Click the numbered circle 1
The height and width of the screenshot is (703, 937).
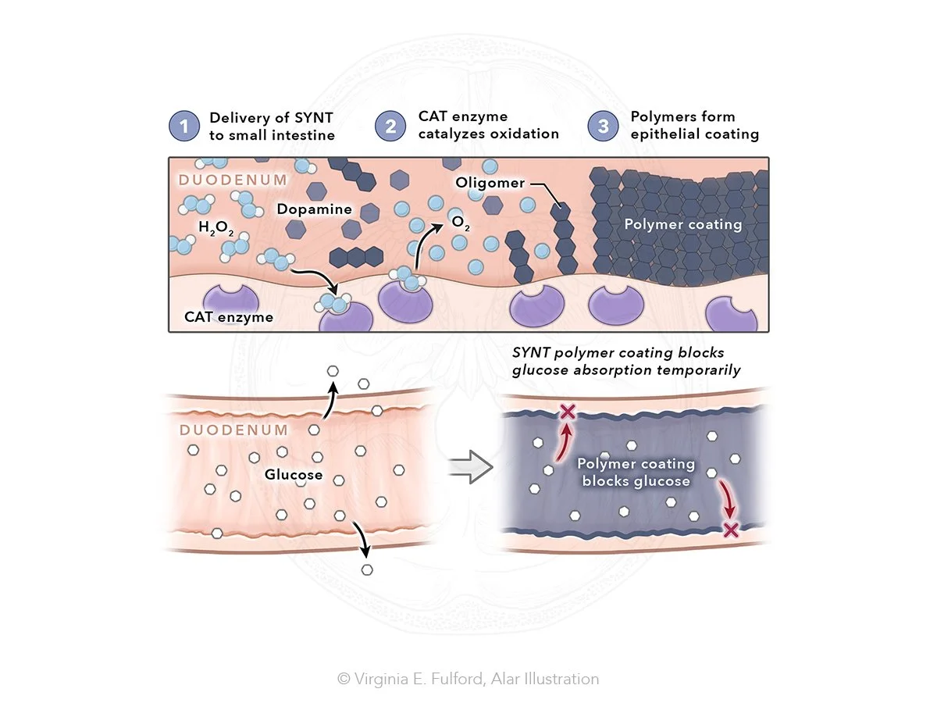pos(184,127)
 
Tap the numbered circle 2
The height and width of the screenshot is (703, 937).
pos(390,127)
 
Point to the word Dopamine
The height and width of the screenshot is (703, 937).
pos(314,210)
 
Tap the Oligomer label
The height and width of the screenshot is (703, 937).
pos(490,183)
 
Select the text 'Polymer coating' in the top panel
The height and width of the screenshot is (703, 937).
pos(682,224)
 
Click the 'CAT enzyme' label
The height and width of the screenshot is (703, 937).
pos(218,317)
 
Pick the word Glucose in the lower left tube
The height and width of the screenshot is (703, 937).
pos(294,475)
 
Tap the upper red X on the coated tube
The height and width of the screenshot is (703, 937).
pos(568,412)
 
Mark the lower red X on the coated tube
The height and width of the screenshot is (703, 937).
pos(731,530)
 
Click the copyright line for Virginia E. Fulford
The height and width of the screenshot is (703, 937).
pos(468,679)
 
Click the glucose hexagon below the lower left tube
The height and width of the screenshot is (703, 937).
pos(368,569)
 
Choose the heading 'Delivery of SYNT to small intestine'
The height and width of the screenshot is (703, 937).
pos(272,127)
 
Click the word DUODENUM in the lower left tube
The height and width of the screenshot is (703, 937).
pos(233,430)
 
